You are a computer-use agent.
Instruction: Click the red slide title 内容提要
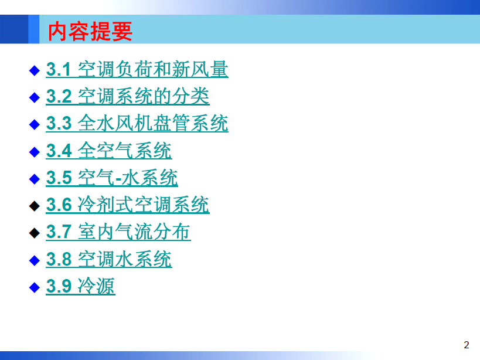point(90,31)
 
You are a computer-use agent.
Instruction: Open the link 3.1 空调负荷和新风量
point(137,69)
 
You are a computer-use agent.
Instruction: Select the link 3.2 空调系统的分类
point(128,96)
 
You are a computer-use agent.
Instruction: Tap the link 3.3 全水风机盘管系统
point(137,123)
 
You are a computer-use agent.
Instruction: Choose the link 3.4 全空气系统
point(109,150)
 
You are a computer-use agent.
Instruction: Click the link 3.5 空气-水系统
point(112,177)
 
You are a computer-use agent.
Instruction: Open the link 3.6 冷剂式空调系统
point(128,205)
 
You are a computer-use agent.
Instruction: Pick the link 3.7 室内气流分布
point(118,232)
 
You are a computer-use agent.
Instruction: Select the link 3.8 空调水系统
point(109,259)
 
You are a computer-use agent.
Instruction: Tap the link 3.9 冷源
point(80,286)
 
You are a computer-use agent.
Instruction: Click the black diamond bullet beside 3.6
point(34,206)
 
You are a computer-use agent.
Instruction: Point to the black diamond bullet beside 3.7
point(34,233)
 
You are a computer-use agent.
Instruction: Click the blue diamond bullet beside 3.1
point(34,70)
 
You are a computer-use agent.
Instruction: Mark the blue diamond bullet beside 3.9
point(34,287)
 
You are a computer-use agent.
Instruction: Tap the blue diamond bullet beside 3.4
point(34,151)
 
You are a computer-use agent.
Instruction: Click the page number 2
point(466,345)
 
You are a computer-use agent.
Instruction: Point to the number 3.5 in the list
point(59,178)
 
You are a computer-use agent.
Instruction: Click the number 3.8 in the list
point(59,260)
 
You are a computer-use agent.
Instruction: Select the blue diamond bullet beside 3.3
point(34,124)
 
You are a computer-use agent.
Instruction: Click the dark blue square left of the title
point(14,29)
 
